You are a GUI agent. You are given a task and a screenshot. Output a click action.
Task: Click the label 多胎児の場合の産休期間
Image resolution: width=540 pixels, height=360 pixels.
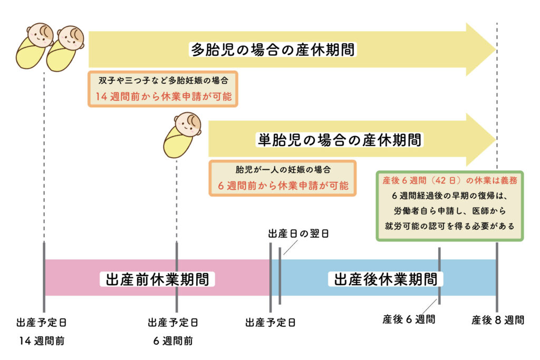[273, 50]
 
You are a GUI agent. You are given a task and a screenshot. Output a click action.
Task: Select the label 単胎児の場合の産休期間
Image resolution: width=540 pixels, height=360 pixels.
[340, 140]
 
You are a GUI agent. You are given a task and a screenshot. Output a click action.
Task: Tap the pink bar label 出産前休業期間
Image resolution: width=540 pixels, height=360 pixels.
[157, 278]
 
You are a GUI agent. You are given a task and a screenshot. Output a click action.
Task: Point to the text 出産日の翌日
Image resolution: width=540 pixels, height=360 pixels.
[298, 233]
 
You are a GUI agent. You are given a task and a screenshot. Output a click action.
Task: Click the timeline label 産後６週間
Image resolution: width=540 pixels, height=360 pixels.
[409, 319]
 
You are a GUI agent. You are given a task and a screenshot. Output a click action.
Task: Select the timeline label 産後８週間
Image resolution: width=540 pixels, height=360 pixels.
[498, 319]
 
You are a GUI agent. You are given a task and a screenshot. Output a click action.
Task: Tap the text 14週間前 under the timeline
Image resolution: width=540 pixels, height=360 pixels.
[42, 340]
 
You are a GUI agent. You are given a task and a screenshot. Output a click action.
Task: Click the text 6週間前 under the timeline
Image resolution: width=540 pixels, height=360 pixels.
[173, 340]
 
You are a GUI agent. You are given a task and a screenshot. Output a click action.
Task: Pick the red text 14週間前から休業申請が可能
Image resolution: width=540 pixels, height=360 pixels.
[163, 96]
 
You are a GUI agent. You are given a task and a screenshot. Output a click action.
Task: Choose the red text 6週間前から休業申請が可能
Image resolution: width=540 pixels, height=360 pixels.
[283, 186]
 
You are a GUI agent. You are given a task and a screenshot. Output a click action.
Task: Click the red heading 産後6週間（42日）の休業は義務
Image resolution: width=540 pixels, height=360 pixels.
[449, 180]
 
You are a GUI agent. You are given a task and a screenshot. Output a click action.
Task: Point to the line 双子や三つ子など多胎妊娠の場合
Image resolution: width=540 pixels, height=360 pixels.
[163, 81]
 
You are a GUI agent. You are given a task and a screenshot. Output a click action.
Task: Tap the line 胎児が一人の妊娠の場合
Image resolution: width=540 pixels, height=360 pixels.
[283, 170]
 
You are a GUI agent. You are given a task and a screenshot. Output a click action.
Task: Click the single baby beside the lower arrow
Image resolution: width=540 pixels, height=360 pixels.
[181, 135]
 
